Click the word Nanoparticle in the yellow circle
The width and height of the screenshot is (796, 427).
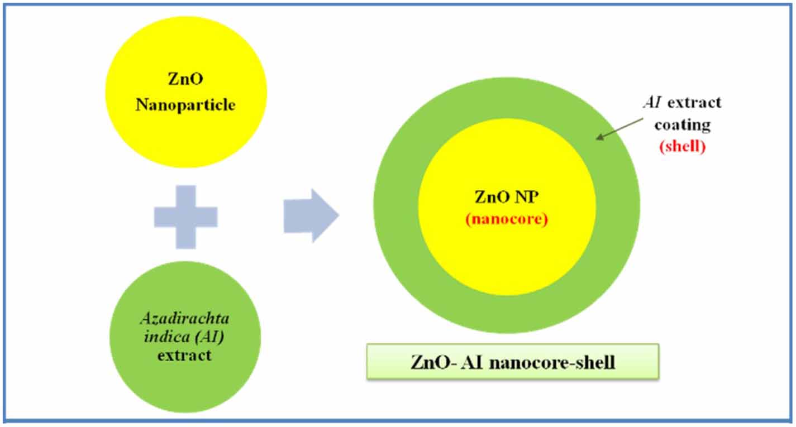[x=185, y=104]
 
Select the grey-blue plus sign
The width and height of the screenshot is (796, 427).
[x=185, y=217]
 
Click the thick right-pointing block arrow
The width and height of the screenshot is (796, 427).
[x=311, y=215]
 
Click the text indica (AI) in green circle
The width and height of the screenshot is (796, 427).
[x=185, y=337]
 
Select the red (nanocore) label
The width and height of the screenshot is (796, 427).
[x=506, y=219]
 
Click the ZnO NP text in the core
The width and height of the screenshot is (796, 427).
[x=506, y=198]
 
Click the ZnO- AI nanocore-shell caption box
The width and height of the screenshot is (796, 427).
[x=512, y=362]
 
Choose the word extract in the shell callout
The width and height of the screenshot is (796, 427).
[x=695, y=103]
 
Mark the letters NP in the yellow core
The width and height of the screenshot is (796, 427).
[x=523, y=198]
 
